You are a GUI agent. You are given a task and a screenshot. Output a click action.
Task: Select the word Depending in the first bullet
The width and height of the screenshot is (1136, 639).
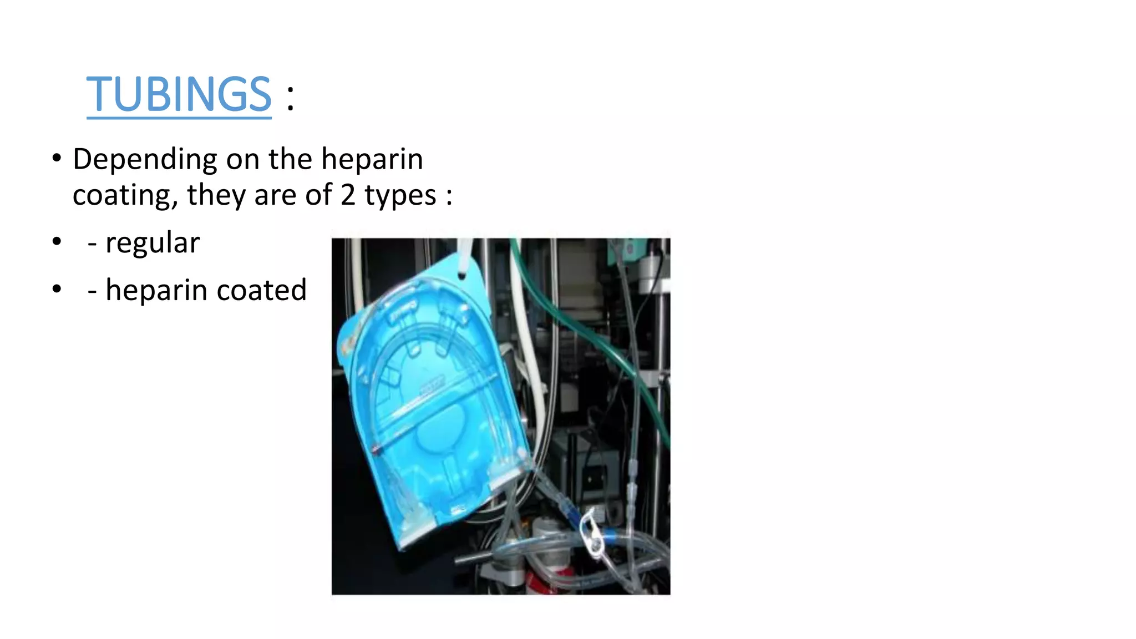tap(145, 160)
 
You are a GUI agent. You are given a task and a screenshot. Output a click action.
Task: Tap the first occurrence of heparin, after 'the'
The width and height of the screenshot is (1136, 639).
tap(372, 160)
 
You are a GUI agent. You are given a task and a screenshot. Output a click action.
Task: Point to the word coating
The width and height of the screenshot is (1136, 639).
tap(125, 195)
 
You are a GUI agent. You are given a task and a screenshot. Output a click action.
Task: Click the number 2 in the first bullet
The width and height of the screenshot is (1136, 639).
tap(348, 195)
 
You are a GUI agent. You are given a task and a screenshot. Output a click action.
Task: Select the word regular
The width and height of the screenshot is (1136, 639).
tap(152, 244)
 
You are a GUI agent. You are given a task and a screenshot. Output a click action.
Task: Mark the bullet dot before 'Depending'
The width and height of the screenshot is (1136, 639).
tap(57, 159)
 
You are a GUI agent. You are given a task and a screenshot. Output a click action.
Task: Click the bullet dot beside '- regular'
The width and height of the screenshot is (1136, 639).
tap(57, 242)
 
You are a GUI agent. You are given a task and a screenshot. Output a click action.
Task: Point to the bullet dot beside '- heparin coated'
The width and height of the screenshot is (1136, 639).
tap(57, 289)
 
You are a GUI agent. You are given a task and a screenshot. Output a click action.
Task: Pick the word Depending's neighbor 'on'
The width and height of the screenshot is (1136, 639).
tap(243, 160)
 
